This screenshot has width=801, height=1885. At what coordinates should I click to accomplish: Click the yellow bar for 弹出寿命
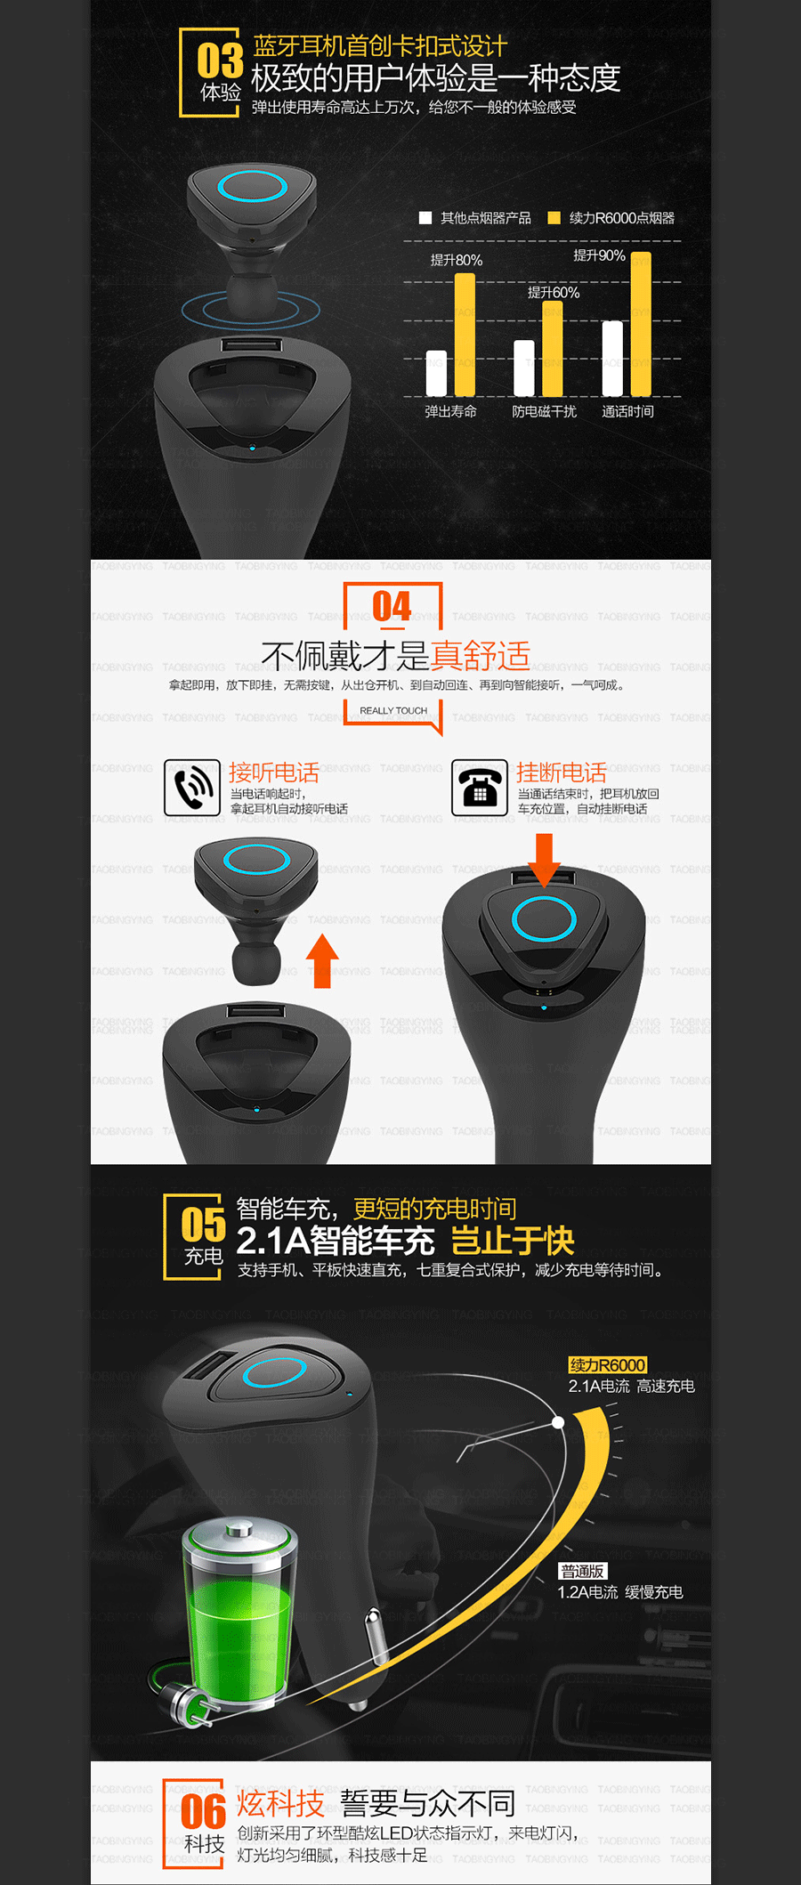click(465, 335)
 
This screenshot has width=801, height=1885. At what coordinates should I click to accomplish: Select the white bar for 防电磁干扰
click(524, 368)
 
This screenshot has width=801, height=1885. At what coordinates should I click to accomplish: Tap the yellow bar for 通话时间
click(641, 324)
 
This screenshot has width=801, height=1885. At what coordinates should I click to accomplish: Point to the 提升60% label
click(553, 293)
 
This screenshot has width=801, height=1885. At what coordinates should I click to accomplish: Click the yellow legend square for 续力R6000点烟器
click(554, 218)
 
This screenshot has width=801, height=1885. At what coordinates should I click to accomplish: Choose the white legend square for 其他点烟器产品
click(425, 218)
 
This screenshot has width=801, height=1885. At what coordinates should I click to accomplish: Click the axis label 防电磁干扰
click(544, 411)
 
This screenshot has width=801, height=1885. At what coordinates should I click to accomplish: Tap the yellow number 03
click(220, 61)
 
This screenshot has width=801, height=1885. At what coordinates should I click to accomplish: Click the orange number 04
click(392, 607)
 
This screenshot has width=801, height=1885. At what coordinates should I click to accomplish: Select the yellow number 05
click(204, 1225)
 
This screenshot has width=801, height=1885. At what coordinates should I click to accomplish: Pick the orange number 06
click(204, 1812)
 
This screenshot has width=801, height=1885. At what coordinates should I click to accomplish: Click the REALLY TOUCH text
click(393, 710)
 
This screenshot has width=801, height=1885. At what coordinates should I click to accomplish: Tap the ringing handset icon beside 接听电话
click(192, 788)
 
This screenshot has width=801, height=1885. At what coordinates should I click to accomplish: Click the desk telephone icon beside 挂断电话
click(480, 788)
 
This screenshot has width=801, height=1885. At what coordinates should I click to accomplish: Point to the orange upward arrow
click(322, 961)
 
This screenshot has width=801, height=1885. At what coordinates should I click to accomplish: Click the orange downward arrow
click(544, 860)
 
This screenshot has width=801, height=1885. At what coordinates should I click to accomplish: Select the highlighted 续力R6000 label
click(608, 1365)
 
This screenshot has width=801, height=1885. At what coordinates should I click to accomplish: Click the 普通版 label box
click(583, 1572)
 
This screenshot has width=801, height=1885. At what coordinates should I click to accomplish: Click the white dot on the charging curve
click(558, 1422)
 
